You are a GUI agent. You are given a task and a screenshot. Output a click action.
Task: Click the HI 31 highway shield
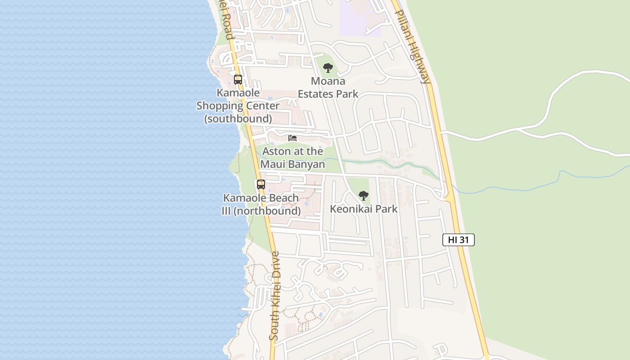(x=458, y=240)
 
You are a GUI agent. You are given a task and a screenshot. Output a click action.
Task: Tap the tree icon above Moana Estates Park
(x=328, y=68)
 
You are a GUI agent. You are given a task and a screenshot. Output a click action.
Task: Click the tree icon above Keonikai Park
(x=364, y=196)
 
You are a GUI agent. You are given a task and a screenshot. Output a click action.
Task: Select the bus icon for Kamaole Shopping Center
(x=238, y=80)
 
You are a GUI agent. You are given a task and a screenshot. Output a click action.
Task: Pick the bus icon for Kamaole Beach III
(x=261, y=184)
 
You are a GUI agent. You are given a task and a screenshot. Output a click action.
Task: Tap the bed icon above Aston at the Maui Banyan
(x=292, y=138)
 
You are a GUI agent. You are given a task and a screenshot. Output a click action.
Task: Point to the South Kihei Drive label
(x=274, y=295)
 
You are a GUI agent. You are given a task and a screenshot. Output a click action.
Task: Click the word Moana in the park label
(x=328, y=81)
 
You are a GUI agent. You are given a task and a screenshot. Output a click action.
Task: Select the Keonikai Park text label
(x=364, y=209)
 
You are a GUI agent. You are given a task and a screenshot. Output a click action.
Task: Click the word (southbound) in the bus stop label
(x=238, y=119)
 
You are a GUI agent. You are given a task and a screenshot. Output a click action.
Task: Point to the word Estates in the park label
(x=318, y=94)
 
